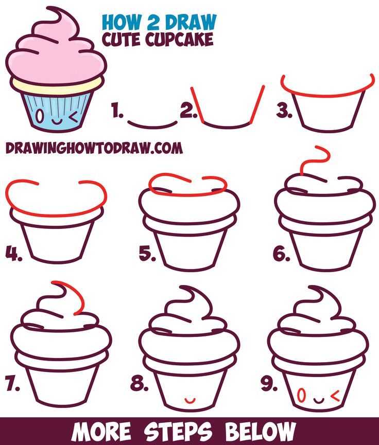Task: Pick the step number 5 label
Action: (x=147, y=253)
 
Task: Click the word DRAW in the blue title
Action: (x=190, y=22)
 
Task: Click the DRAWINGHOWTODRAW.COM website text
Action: (x=94, y=148)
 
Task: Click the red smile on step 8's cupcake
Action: (x=190, y=400)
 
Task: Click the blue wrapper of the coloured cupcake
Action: (x=57, y=108)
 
